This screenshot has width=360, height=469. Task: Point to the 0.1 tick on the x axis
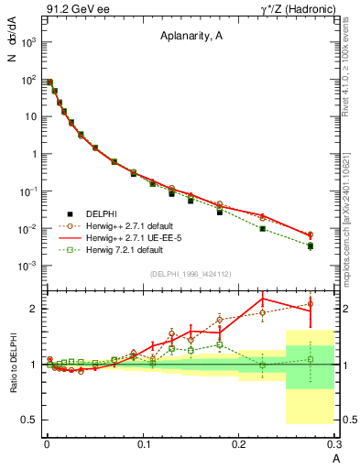[x=142, y=442]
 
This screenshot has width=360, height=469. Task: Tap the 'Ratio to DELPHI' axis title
[x=13, y=365]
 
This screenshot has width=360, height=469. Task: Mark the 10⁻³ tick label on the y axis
[x=28, y=265]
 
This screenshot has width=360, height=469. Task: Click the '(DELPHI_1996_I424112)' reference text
[x=189, y=274]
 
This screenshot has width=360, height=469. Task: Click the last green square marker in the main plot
[x=311, y=245]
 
